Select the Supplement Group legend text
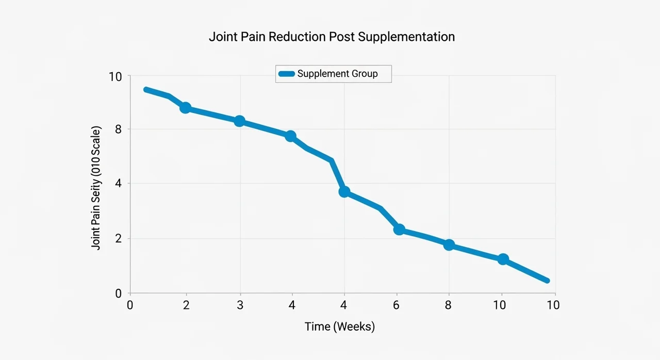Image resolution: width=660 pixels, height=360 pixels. (337, 74)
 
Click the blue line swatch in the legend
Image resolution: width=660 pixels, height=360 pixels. (287, 74)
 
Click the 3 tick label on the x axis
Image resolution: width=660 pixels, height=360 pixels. (239, 305)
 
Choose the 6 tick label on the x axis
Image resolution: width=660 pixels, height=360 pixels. (396, 305)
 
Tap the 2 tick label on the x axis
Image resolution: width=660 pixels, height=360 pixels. (186, 305)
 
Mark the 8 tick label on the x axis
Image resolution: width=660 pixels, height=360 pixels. (448, 305)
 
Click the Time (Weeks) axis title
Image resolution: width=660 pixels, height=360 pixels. (340, 326)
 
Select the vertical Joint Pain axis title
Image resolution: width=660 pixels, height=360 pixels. (96, 188)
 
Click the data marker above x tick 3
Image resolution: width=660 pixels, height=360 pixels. (239, 121)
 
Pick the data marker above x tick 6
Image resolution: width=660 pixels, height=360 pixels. (399, 230)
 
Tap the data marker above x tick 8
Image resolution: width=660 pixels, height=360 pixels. (449, 245)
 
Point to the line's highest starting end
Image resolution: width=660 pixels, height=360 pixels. (146, 89)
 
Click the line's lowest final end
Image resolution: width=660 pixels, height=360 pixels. (547, 281)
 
